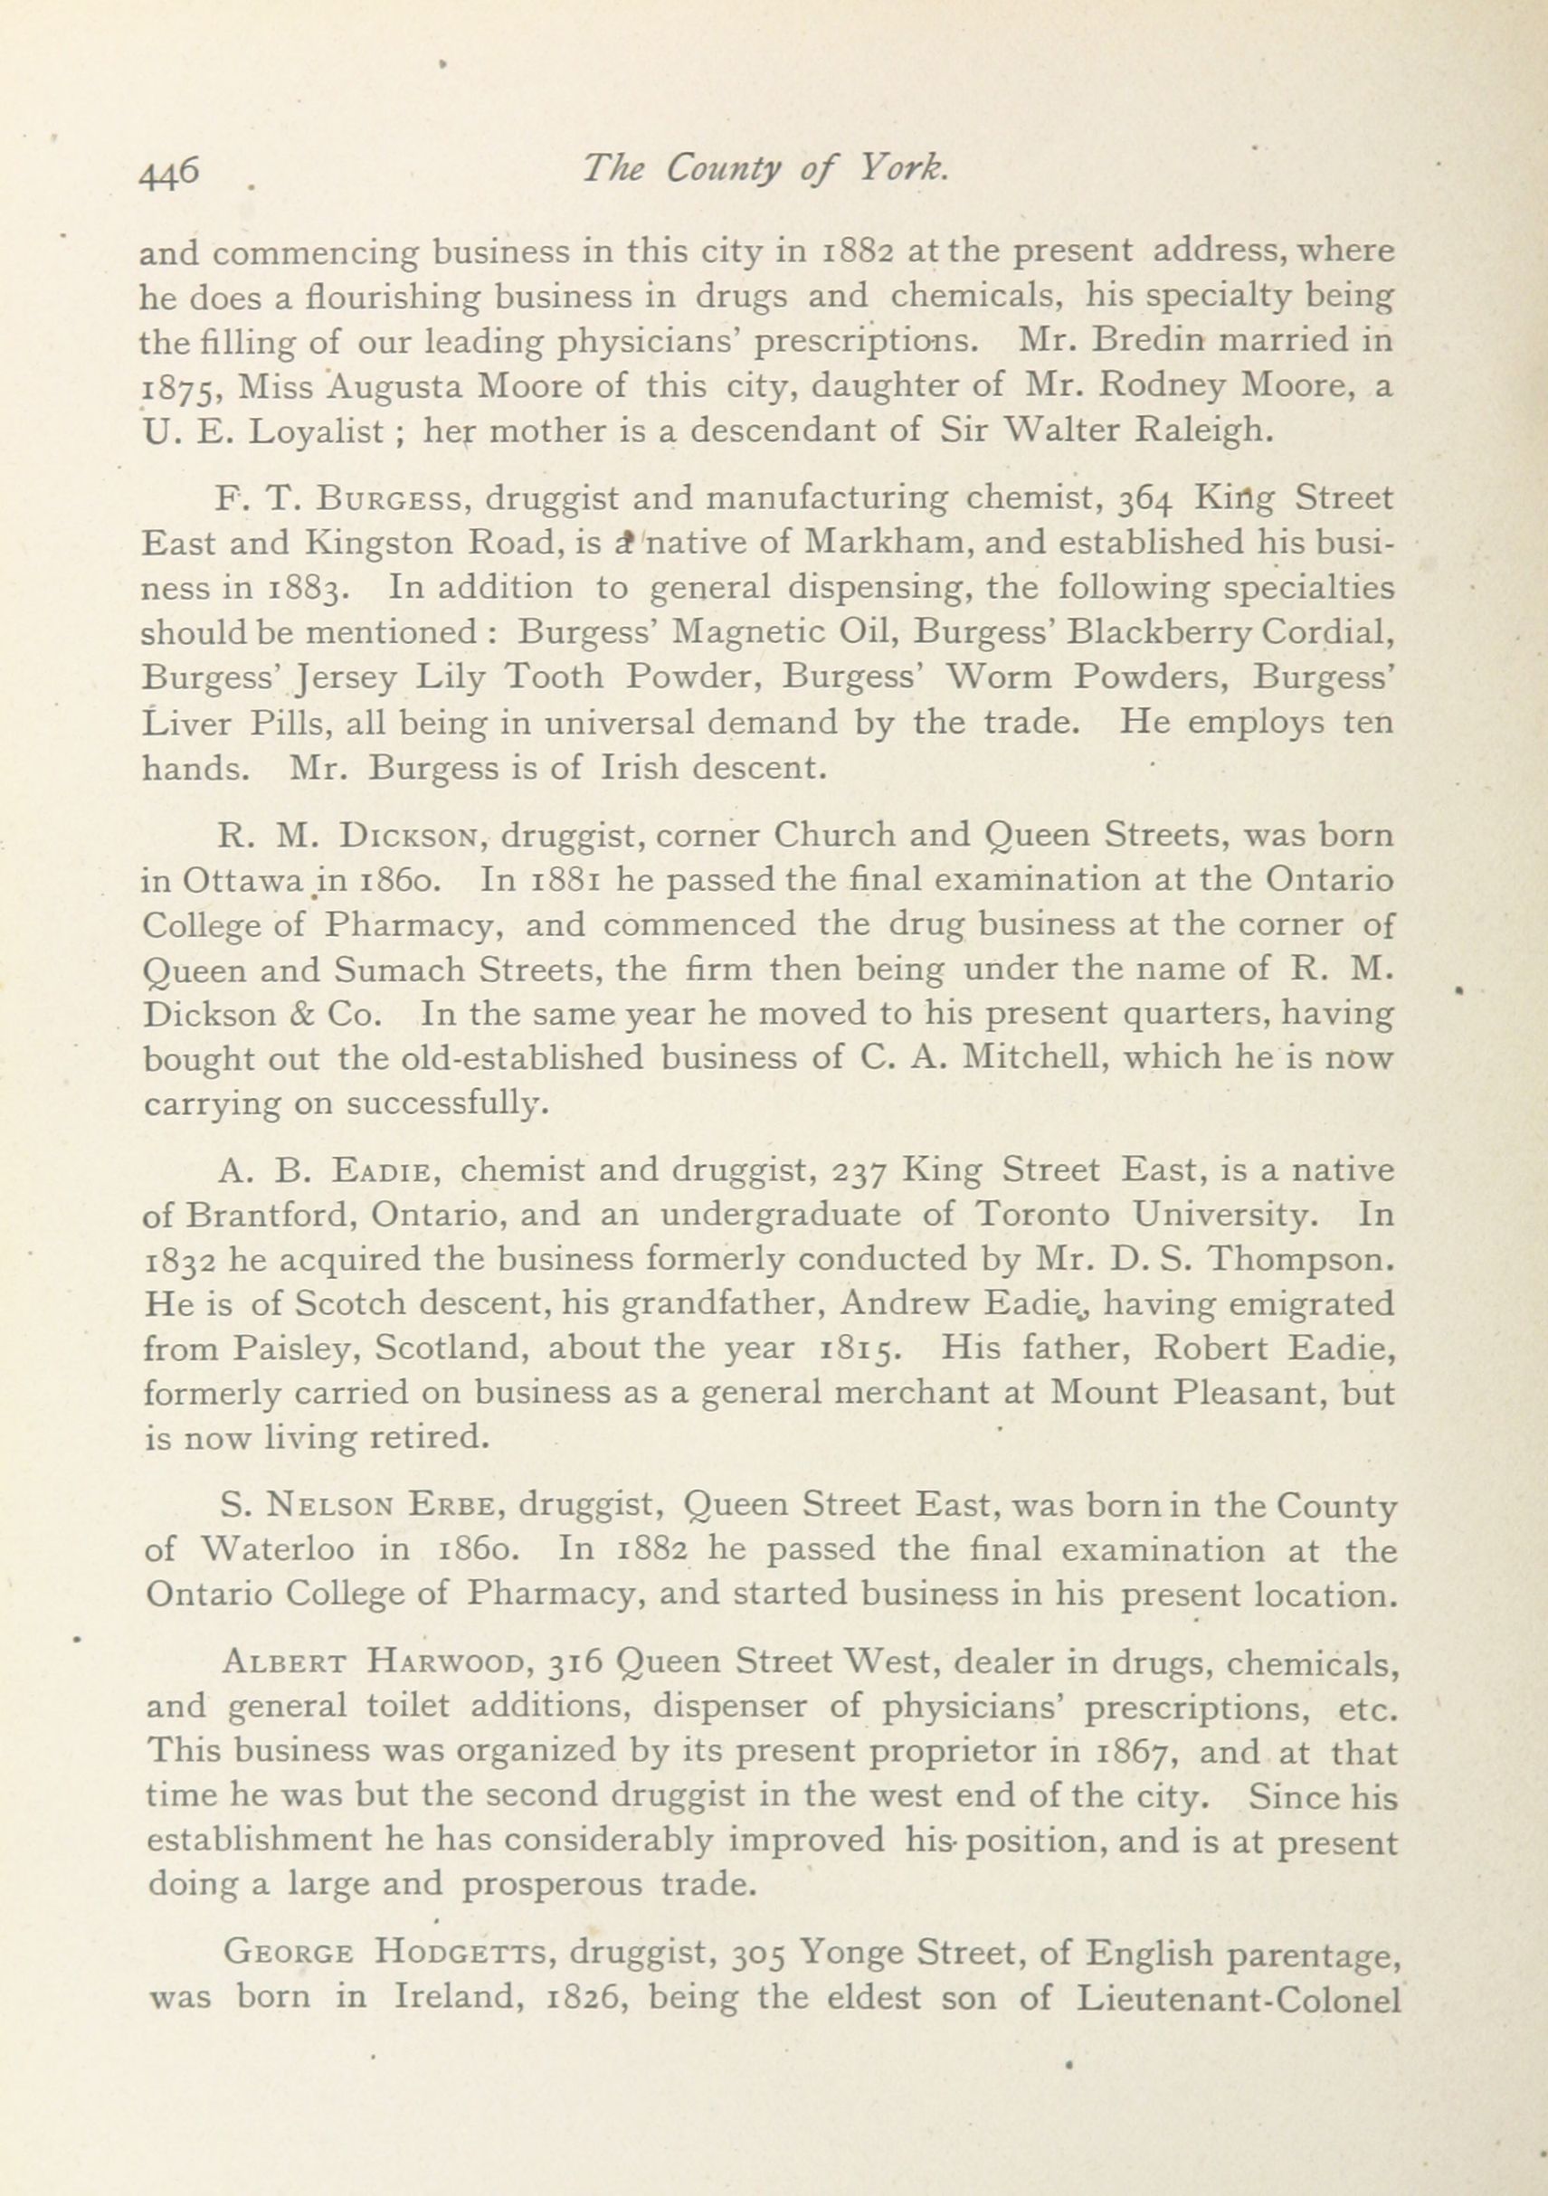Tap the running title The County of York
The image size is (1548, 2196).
pyautogui.click(x=765, y=169)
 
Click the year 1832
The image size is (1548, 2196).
pyautogui.click(x=178, y=1261)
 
